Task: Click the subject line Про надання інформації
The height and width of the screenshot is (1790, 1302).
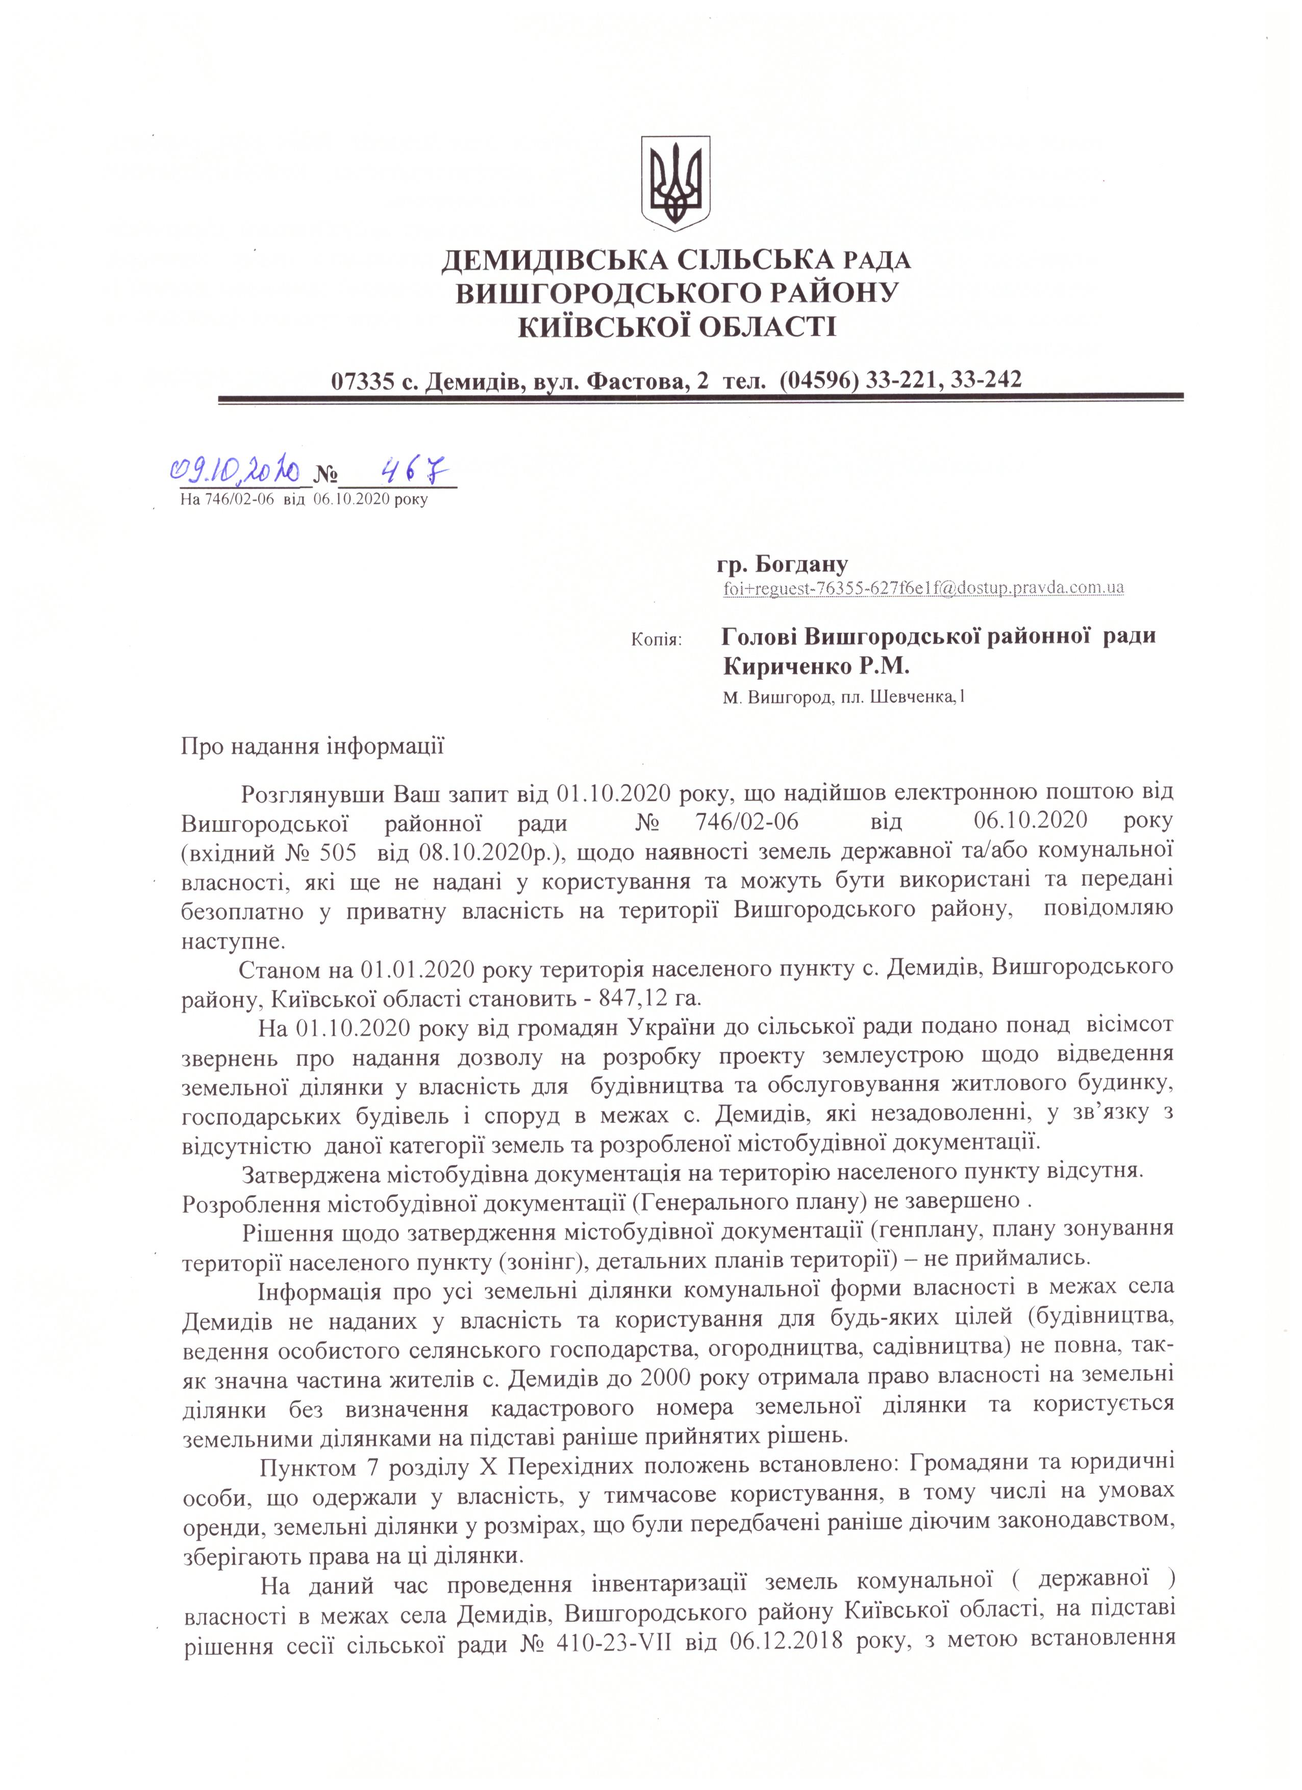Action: coord(313,746)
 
